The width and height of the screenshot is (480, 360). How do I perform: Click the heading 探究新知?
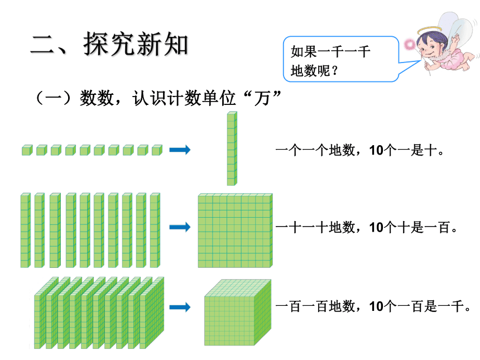coord(136,45)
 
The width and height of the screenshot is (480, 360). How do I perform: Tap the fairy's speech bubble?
coord(340,59)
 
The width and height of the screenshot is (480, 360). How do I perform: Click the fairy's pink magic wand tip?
coord(409,45)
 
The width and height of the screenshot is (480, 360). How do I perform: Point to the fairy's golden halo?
coord(430,30)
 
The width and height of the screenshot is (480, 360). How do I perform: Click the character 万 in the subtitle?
coord(263,99)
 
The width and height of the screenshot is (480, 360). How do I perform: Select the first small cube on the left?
coord(27,150)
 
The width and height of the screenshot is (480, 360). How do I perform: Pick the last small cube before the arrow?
coord(157,150)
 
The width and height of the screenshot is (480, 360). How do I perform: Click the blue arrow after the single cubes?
coord(180,150)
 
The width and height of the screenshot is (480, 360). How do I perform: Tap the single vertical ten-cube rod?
coord(232,148)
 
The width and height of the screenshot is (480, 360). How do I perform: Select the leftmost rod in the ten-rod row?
coord(26,230)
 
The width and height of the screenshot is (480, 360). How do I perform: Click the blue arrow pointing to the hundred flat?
coord(180,227)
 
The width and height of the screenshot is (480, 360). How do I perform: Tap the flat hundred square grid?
coord(235,231)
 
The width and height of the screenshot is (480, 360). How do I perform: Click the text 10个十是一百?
coord(410,228)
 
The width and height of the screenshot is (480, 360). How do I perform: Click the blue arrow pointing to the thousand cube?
coord(180,307)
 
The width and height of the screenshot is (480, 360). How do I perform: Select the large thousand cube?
coord(238,313)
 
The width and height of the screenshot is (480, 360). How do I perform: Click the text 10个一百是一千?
coord(417,306)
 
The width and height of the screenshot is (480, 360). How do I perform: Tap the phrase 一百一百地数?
coord(315,306)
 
